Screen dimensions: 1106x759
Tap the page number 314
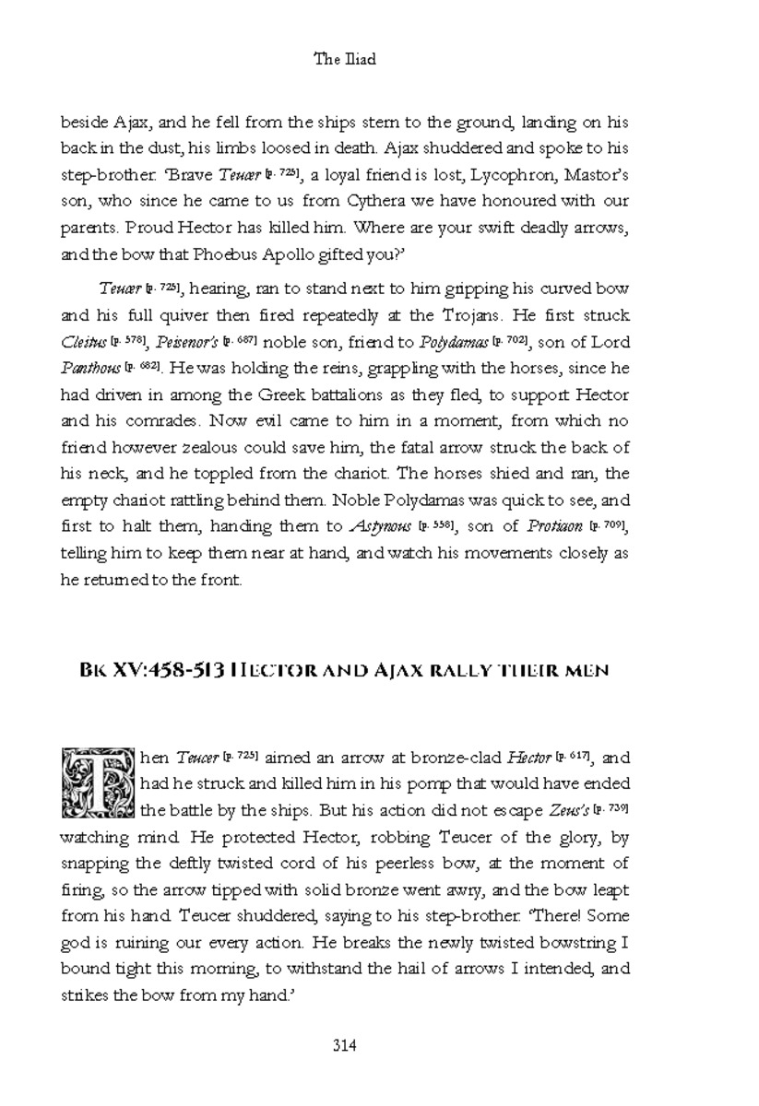(x=344, y=1045)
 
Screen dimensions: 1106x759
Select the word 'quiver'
(x=190, y=316)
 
